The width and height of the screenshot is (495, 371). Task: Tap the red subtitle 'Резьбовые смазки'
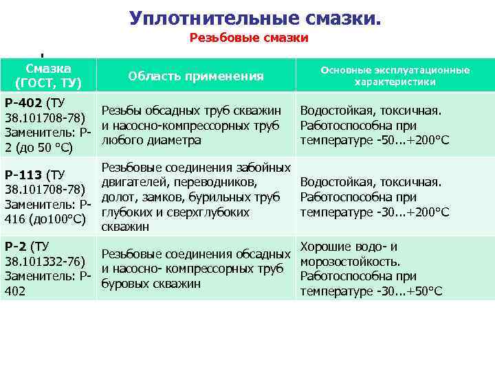coord(249,38)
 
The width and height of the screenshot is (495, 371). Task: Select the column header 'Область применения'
coord(196,76)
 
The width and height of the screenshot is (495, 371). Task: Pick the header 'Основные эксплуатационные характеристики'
coord(395,76)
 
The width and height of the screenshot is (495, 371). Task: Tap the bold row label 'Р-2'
coord(16,246)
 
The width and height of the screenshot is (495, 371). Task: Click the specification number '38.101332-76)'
coord(45,261)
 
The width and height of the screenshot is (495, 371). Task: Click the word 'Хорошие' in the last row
coord(325,246)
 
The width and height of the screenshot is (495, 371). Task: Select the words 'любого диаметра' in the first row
coord(151,140)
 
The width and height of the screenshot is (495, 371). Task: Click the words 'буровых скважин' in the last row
coord(151,284)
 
